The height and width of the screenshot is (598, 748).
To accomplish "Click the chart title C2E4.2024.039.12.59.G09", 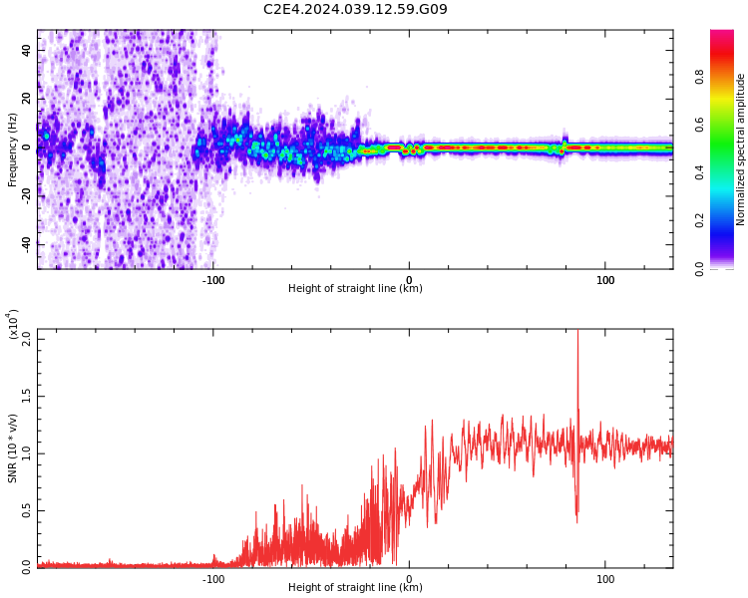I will click(355, 10).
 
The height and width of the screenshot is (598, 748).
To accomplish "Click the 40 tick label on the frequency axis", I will click(27, 49).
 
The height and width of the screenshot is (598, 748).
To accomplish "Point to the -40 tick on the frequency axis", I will click(27, 244).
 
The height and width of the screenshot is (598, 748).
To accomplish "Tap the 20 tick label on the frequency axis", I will click(27, 98).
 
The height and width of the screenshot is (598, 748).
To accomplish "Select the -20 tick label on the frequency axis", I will click(27, 195).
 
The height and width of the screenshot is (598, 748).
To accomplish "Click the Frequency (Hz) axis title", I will click(13, 149).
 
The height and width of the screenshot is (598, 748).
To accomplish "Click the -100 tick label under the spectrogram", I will click(213, 280).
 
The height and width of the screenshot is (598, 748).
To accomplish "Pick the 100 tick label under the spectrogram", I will click(605, 280).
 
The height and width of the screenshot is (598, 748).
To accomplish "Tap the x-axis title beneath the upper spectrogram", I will click(355, 289).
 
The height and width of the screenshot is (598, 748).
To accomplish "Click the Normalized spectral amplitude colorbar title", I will click(741, 149).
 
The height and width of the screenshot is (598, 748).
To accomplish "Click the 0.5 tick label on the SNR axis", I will click(27, 510).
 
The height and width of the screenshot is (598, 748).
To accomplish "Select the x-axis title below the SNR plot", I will click(355, 588).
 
